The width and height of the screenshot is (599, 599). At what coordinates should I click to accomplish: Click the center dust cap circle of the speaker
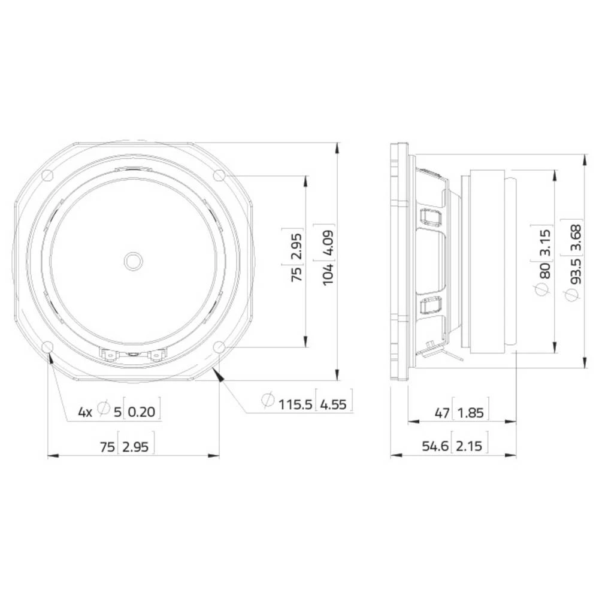133,261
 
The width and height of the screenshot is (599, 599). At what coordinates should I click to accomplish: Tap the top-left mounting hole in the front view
47,175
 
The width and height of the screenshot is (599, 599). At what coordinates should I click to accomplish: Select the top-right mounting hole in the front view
219,175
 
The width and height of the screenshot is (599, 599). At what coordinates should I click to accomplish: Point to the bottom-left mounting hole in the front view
47,347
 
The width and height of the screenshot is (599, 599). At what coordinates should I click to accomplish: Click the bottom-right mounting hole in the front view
219,347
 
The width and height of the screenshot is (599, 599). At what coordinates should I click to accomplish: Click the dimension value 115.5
295,404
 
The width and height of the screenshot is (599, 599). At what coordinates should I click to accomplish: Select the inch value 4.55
334,404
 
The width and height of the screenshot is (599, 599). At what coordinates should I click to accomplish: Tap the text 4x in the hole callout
86,412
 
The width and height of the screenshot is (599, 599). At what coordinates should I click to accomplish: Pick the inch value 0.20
142,412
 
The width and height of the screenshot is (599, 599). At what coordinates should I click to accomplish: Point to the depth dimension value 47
441,413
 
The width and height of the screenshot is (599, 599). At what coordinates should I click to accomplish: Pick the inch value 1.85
469,413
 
